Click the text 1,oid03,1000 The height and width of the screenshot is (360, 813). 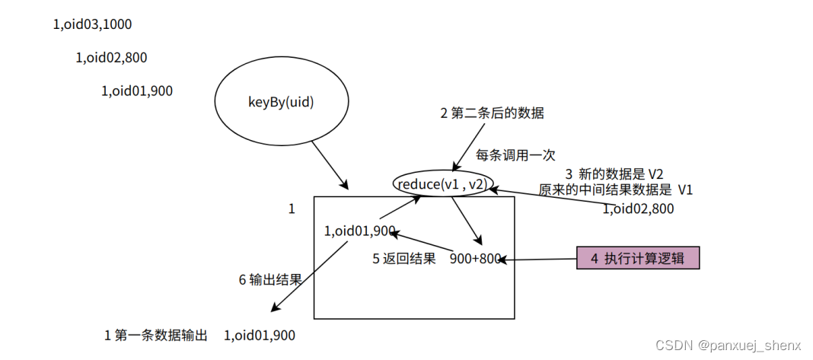(92, 24)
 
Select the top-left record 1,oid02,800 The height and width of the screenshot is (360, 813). (111, 57)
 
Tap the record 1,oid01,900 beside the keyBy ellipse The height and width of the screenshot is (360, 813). (136, 91)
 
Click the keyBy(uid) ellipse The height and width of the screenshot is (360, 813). (281, 102)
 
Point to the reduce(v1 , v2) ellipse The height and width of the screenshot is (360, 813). (444, 183)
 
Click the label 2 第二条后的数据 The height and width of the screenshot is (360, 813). (492, 113)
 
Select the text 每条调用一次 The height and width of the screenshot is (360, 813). (515, 155)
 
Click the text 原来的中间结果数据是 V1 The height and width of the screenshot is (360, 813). (616, 190)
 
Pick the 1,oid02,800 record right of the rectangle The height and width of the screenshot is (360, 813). (638, 208)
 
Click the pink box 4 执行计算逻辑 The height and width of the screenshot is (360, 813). (637, 258)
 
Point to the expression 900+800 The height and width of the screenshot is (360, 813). (475, 258)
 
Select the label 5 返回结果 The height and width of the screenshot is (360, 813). (403, 258)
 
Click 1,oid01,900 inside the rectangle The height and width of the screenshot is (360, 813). (359, 231)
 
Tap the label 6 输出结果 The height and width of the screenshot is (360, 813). (270, 279)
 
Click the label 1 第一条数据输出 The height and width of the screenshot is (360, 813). (155, 335)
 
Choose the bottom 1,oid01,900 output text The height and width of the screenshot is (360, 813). (260, 335)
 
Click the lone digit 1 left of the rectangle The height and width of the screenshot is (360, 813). (292, 209)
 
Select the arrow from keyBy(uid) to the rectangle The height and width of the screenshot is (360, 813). (330, 167)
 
